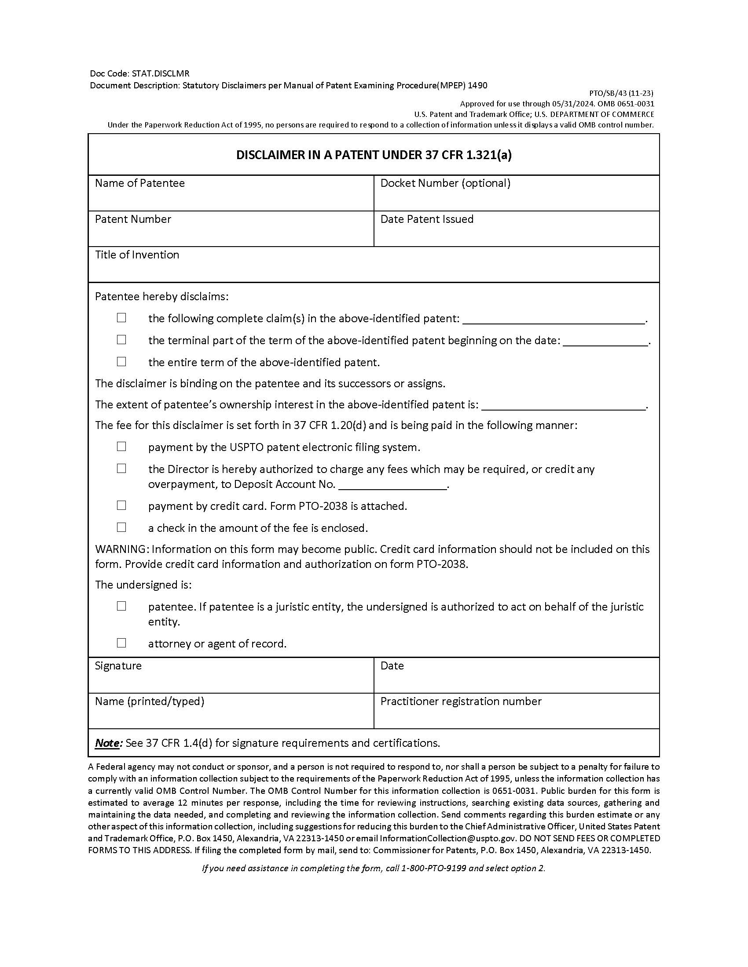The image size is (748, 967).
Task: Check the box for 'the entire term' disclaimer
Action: pos(121,362)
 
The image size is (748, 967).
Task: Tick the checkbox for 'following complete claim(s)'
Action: pos(121,318)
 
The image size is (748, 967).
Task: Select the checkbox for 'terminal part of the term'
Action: pos(121,340)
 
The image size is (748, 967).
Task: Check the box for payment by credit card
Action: pos(121,505)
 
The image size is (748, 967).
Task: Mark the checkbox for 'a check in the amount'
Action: pos(121,527)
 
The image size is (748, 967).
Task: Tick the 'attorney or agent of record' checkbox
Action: pos(121,643)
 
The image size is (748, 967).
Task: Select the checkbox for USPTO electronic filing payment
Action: pos(121,447)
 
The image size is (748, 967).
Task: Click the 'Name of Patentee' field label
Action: pos(139,183)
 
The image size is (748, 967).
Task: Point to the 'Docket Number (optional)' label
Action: pos(445,183)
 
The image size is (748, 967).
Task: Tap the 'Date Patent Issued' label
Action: pos(427,219)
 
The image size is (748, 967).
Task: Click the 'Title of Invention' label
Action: pos(137,255)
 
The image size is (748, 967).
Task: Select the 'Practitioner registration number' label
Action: pos(461,702)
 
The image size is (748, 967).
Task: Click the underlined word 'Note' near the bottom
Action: pos(108,743)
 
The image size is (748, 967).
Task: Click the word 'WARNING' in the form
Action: pos(121,549)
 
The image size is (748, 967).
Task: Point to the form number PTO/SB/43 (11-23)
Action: pos(621,94)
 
